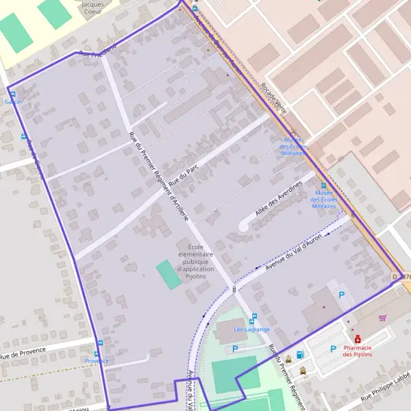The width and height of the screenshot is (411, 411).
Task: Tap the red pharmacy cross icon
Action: click(x=357, y=338)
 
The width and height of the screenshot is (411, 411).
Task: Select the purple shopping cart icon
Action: click(x=382, y=318)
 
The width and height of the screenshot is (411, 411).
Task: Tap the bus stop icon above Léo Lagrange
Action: click(x=253, y=320)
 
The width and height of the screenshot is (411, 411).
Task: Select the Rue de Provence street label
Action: click(x=23, y=353)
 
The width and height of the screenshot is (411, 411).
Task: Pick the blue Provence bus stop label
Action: click(x=97, y=360)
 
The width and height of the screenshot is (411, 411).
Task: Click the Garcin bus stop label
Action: click(x=12, y=102)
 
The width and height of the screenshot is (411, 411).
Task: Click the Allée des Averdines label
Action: click(x=279, y=199)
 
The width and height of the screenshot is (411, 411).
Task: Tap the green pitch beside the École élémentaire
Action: click(x=169, y=274)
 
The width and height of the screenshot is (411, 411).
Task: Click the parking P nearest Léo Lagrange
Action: click(x=236, y=349)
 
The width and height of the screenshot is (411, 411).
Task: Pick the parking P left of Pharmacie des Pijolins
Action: click(x=333, y=349)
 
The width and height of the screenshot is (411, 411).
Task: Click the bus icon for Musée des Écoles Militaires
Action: click(x=323, y=185)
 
